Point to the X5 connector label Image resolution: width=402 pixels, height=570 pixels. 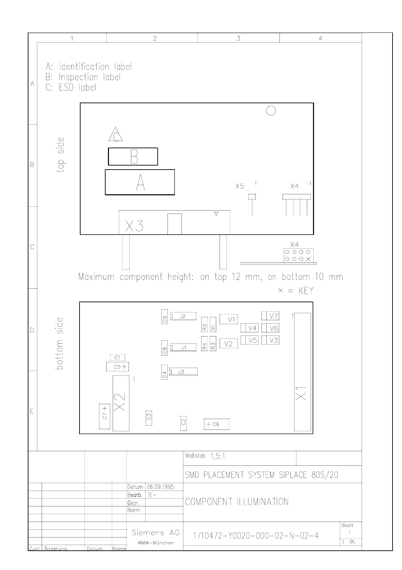coord(240,186)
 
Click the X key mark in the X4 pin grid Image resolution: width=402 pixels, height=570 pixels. coord(308,259)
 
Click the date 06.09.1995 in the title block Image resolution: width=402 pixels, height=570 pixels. coord(160,487)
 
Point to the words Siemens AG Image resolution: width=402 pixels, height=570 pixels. coord(156,532)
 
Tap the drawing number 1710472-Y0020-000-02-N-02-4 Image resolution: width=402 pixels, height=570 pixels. coord(256,536)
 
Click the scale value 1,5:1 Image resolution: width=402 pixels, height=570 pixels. coord(218,456)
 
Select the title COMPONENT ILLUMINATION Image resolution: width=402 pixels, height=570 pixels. coord(237,502)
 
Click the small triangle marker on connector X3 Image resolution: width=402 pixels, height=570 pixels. coord(216,214)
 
